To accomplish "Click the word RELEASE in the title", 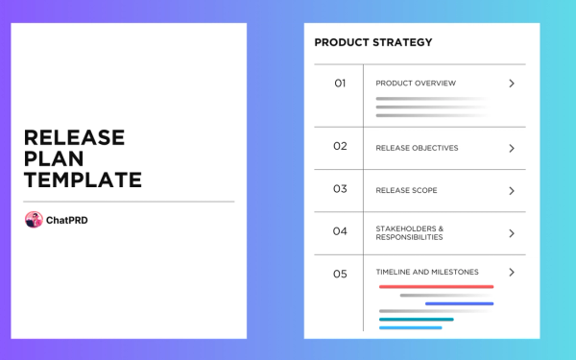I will tap(74, 137).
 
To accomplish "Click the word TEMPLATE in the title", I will tap(83, 180).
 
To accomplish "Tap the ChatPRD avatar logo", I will tap(34, 220).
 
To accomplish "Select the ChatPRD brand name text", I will tap(67, 220).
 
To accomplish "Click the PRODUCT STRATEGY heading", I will tap(373, 42).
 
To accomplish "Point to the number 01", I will tap(340, 84).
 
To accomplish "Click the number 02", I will tap(340, 147).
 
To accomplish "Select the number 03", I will tap(340, 189).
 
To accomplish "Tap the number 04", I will tap(340, 231).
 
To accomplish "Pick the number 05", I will tap(340, 274).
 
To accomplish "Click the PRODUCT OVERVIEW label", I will tap(416, 84).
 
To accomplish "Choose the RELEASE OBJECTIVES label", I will tap(417, 148).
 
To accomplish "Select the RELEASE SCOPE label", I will tap(406, 190).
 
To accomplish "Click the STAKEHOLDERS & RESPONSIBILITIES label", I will tap(410, 233).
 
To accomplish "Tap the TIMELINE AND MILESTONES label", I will tap(427, 272).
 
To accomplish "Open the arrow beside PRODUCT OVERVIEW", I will tap(512, 84).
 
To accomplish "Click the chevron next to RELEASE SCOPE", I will tap(512, 190).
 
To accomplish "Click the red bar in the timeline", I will tap(436, 286).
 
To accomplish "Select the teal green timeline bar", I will tap(416, 319).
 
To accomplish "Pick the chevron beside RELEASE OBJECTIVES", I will tap(512, 148).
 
